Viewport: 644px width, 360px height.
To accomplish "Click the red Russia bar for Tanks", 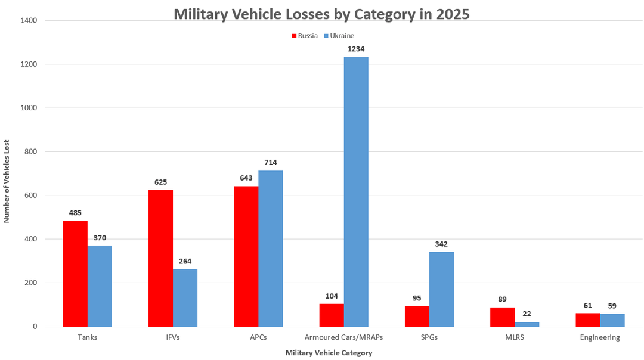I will pyautogui.click(x=75, y=274).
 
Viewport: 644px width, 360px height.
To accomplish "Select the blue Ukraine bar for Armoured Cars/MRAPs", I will pyautogui.click(x=356, y=191).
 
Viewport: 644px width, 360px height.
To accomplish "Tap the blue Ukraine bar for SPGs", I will pyautogui.click(x=441, y=289).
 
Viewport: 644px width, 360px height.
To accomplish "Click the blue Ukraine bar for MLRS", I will pyautogui.click(x=527, y=324).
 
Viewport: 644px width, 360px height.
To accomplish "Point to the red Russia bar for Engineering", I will pyautogui.click(x=588, y=320).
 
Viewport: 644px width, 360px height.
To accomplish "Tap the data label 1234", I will pyautogui.click(x=356, y=49).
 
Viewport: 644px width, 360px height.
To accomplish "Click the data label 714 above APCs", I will pyautogui.click(x=270, y=162).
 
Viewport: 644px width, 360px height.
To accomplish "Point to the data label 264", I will pyautogui.click(x=185, y=260).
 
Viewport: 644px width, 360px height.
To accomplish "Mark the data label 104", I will pyautogui.click(x=332, y=296).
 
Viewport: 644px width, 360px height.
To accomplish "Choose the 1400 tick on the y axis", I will pyautogui.click(x=29, y=20).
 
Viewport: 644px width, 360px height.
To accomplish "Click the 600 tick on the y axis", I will pyautogui.click(x=31, y=195).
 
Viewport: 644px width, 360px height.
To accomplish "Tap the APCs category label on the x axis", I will pyautogui.click(x=258, y=337).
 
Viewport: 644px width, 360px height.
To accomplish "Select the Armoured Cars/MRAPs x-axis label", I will pyautogui.click(x=343, y=337).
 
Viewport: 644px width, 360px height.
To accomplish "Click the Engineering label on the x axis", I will pyautogui.click(x=600, y=337).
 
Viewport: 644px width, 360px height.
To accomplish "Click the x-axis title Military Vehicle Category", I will pyautogui.click(x=329, y=353).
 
